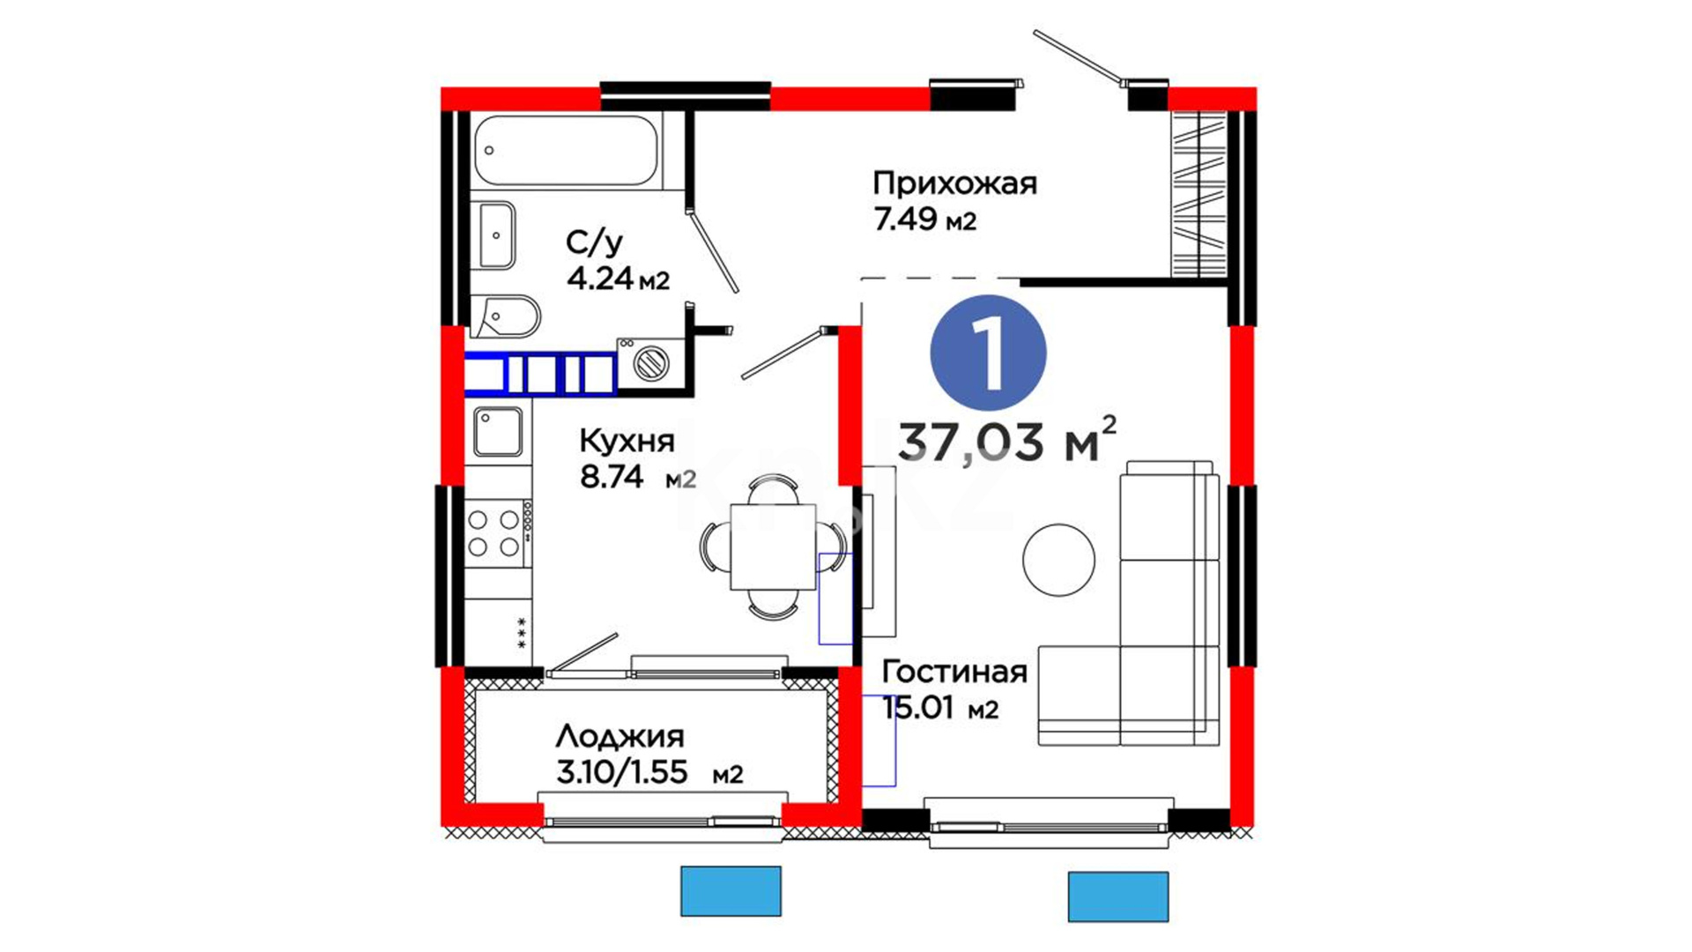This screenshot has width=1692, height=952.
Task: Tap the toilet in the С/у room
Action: tap(504, 316)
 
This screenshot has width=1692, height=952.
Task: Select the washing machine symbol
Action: tap(650, 361)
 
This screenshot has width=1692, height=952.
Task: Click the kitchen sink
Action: tap(498, 432)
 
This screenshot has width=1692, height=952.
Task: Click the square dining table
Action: tap(773, 547)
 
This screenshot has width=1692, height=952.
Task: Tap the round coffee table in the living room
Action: tap(1058, 560)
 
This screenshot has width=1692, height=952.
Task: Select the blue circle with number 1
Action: tap(988, 353)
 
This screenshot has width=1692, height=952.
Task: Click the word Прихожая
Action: tap(954, 183)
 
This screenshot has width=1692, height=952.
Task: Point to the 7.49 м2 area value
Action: tap(924, 219)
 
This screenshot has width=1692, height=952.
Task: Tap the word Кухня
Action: tap(627, 440)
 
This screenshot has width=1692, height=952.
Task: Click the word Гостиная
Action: tap(954, 672)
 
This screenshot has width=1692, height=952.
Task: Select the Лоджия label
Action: tap(620, 737)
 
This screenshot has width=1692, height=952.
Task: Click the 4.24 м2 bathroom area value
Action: tap(618, 279)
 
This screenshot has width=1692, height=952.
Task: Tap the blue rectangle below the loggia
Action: tap(731, 891)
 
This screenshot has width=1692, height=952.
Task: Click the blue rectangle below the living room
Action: tap(1118, 896)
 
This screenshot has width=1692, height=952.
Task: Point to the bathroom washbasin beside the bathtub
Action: tap(497, 234)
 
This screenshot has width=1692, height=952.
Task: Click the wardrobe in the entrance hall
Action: tap(1198, 194)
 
